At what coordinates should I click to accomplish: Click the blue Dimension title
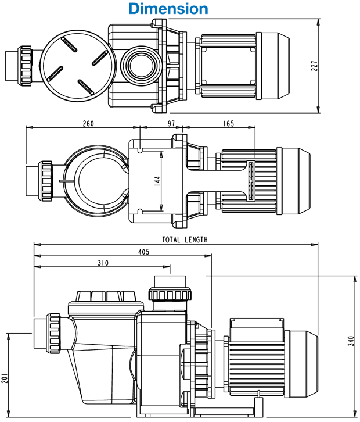click(x=168, y=9)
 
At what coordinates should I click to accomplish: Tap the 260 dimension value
click(x=88, y=124)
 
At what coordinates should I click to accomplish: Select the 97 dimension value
click(x=171, y=124)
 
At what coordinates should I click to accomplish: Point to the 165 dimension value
click(x=228, y=124)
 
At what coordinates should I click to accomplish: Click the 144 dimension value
click(x=157, y=180)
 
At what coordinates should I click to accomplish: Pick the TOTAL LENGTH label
click(x=185, y=239)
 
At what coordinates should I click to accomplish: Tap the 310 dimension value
click(x=102, y=263)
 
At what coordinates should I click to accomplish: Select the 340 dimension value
click(x=350, y=340)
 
